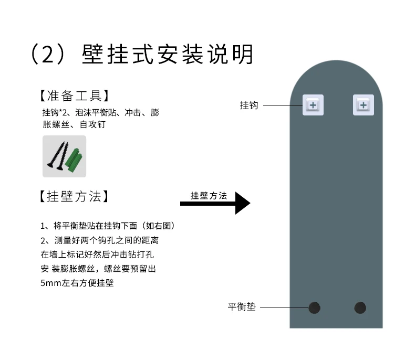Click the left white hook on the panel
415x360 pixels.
[313, 105]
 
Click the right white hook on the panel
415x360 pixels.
[363, 105]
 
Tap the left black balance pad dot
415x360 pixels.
[314, 308]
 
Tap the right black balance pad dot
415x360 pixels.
[360, 308]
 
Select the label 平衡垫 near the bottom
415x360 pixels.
[242, 307]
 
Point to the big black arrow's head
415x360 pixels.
[242, 203]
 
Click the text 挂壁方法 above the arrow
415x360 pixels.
[209, 196]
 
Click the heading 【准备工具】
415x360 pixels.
[74, 96]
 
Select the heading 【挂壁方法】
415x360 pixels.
[74, 197]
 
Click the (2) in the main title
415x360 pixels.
[48, 54]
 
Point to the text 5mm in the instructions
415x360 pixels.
[50, 283]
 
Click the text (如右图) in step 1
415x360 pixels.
[158, 226]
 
